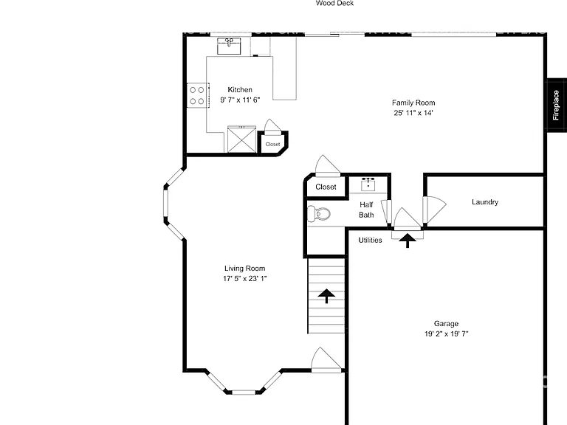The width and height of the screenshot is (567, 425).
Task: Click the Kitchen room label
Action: pyautogui.click(x=240, y=89)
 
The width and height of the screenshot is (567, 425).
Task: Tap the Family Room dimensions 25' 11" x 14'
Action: pyautogui.click(x=413, y=113)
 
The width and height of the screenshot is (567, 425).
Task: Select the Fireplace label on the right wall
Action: pyautogui.click(x=556, y=106)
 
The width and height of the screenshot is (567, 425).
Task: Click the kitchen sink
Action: pyautogui.click(x=229, y=46)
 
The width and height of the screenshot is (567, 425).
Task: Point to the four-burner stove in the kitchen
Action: pyautogui.click(x=197, y=95)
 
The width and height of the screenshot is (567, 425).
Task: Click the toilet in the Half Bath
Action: pyautogui.click(x=319, y=213)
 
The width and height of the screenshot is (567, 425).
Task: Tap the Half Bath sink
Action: pyautogui.click(x=368, y=184)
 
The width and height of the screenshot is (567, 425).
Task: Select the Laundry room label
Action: pyautogui.click(x=485, y=202)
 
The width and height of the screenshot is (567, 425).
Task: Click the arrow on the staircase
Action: pyautogui.click(x=326, y=296)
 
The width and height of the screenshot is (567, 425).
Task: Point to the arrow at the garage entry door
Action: pyautogui.click(x=408, y=241)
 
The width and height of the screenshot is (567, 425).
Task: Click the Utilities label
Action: pyautogui.click(x=370, y=240)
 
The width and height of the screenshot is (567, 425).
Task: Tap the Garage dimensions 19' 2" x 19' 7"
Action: pyautogui.click(x=446, y=334)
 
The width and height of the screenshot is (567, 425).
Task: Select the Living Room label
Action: pyautogui.click(x=245, y=268)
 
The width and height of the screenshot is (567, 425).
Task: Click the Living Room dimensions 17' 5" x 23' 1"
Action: pyautogui.click(x=245, y=278)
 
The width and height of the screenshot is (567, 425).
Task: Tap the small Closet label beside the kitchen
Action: pyautogui.click(x=272, y=144)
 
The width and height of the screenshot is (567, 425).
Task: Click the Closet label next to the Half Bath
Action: pyautogui.click(x=326, y=187)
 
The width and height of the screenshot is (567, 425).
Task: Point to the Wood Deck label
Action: pyautogui.click(x=335, y=3)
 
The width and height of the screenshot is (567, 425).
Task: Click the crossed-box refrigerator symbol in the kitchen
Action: pyautogui.click(x=241, y=139)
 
